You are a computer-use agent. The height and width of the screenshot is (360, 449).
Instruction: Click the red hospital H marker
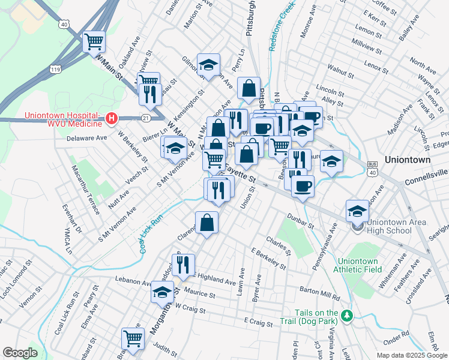[110, 119]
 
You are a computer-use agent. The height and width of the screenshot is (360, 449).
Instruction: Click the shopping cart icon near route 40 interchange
[94, 41]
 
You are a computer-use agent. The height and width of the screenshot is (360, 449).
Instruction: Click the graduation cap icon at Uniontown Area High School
[358, 210]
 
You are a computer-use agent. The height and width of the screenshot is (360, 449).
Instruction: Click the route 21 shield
[146, 118]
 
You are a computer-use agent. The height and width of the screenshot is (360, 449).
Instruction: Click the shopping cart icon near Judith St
[132, 338]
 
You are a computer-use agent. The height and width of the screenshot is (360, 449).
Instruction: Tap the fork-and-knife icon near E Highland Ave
[184, 263]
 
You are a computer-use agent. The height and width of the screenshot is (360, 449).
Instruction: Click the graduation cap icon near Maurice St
[162, 292]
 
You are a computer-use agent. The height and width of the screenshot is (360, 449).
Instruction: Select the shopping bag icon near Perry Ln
[249, 88]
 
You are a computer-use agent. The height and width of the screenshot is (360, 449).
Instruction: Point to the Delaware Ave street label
[86, 137]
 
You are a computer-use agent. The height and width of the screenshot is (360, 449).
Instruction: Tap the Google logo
[20, 353]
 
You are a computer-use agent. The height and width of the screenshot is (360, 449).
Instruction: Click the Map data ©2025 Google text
[411, 355]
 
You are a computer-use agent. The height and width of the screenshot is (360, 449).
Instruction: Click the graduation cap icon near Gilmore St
[208, 64]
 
